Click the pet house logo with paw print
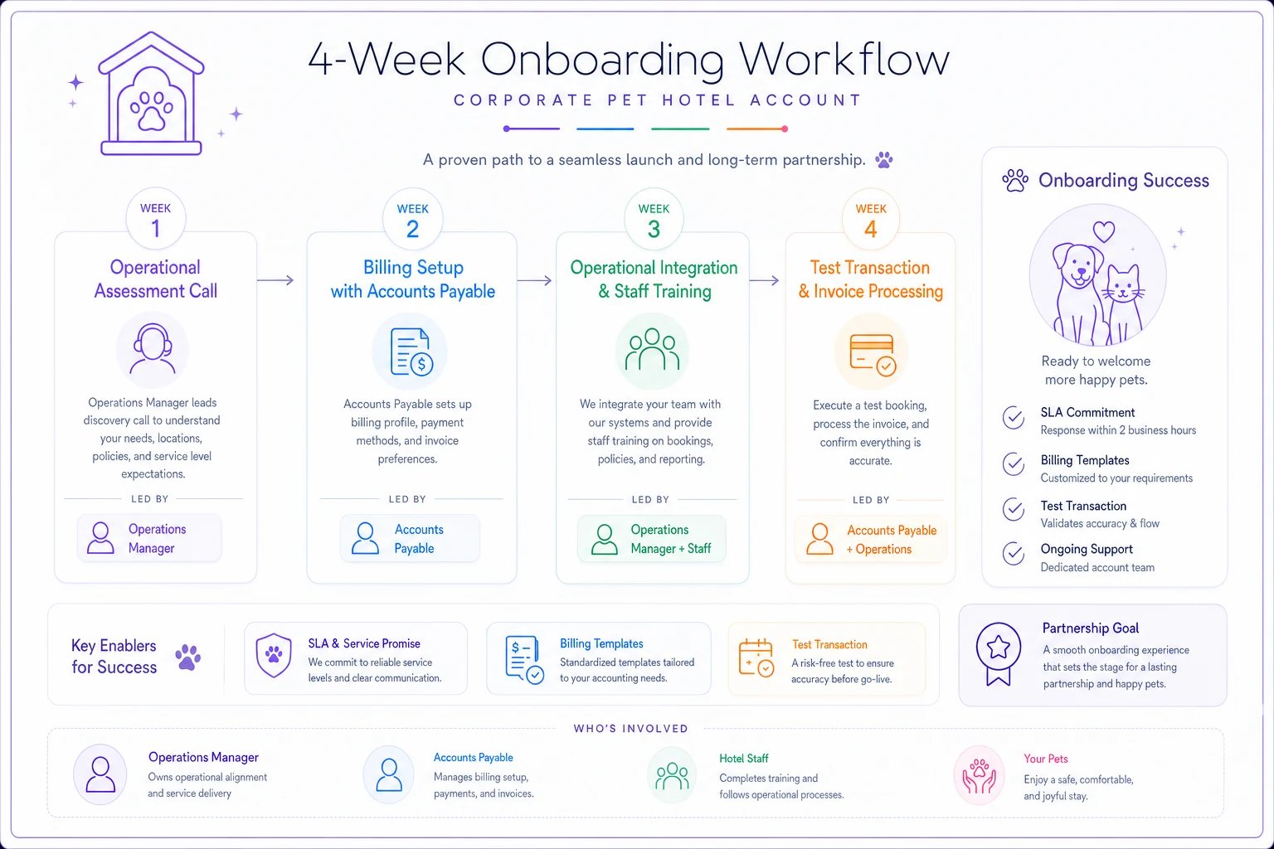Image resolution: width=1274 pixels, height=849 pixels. [151, 94]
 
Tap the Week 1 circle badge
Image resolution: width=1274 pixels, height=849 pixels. [155, 219]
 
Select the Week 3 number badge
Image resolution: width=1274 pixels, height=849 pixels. [654, 220]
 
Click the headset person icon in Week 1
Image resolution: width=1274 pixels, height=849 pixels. [152, 348]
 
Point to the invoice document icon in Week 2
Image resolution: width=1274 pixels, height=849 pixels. [411, 352]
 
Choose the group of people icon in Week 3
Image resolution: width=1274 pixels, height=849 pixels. [653, 349]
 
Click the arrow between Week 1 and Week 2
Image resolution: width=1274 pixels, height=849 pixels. [275, 279]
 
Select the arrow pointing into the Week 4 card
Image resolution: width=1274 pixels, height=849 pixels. [764, 279]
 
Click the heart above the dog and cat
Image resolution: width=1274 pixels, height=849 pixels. [1103, 231]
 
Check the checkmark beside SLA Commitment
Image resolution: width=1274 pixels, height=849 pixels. [1013, 417]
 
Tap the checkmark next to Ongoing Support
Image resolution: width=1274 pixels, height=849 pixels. [1013, 554]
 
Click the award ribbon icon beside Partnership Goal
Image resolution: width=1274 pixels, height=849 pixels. [998, 654]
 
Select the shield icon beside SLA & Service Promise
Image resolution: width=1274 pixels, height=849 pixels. [274, 655]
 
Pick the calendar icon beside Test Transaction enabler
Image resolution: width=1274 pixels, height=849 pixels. [756, 657]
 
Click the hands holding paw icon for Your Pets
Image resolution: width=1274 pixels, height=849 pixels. [979, 776]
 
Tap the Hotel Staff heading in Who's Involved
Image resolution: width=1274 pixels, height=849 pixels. [743, 758]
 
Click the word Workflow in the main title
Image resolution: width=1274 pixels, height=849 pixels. [844, 59]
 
